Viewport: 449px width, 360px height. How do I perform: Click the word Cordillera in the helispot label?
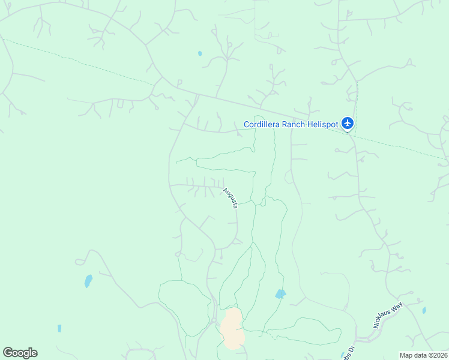tap(264, 124)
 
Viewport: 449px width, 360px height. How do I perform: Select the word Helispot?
tap(324, 124)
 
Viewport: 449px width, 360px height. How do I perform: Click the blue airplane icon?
tap(347, 124)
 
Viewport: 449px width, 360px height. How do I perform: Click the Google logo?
tap(20, 353)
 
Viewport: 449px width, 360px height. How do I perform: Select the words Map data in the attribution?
tap(414, 355)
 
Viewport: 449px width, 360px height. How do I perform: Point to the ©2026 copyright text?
tap(438, 355)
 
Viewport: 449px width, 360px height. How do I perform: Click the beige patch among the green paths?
tap(232, 328)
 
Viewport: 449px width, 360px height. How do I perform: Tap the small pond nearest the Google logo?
tap(59, 328)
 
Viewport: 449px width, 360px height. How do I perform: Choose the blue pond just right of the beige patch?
tap(280, 294)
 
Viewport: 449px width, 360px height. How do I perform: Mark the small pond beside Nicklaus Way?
tap(424, 310)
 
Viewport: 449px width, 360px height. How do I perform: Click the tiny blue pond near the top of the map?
tap(200, 53)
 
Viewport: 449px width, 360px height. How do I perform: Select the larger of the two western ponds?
tap(89, 281)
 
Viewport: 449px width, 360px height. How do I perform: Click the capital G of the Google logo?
tap(8, 353)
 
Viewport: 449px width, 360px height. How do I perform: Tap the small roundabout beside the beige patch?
tap(214, 321)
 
